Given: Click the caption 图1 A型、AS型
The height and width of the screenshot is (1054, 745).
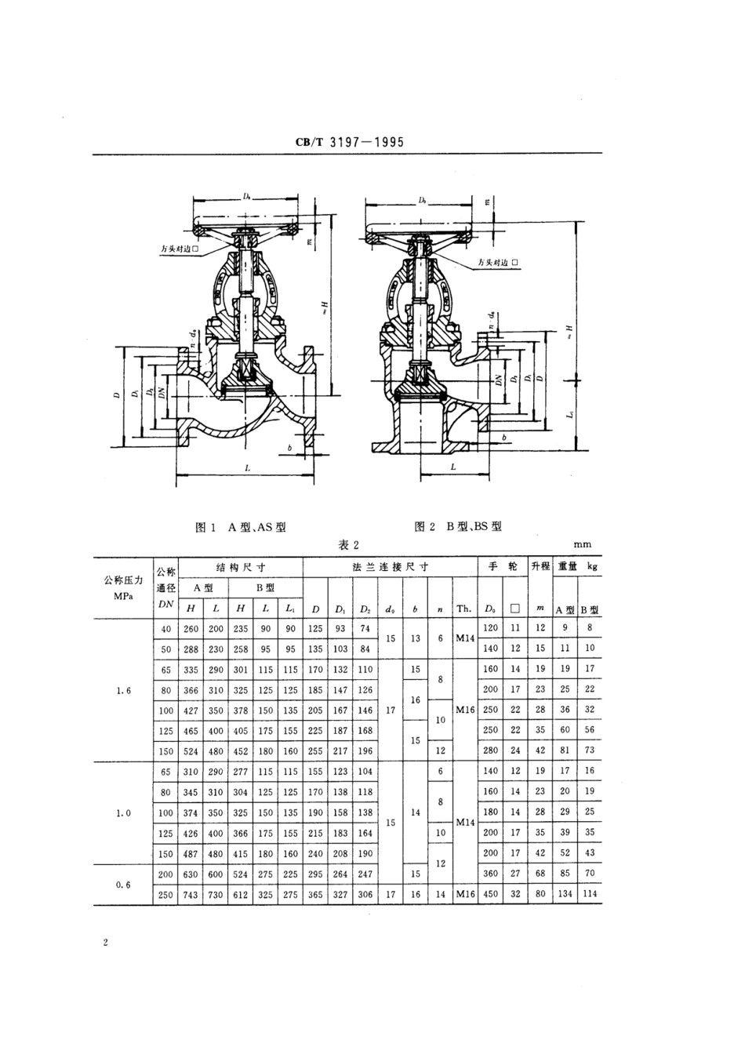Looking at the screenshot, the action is pos(240,527).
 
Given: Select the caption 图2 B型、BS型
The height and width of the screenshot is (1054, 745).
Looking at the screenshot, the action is pos(458,526).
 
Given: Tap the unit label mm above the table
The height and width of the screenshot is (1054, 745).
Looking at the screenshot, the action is pos(582,544).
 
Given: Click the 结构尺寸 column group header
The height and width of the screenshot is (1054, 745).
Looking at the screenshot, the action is pos(241,567).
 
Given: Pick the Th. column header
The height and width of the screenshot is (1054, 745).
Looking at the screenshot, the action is pos(464,609).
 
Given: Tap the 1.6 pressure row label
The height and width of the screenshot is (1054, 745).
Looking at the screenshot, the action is pos(123,691).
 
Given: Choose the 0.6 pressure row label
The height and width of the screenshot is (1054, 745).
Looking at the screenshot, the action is pos(123,884).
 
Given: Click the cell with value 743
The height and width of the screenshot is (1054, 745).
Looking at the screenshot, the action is pos(191,895).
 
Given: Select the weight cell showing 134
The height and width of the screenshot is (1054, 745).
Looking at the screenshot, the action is pos(565,895).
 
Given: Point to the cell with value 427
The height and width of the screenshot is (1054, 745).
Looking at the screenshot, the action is pos(191,711).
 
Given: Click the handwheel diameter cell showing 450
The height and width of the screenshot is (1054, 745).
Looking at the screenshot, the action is pos(490,895).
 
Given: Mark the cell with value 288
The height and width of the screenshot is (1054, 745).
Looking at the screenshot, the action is pos(191,649).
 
